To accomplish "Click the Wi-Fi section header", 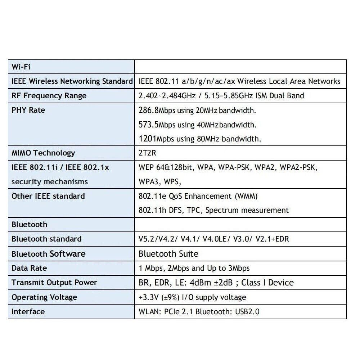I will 21,67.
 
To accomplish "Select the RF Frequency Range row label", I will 49,96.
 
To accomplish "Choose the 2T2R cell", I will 148,153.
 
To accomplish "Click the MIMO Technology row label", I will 43,153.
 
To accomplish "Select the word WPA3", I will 148,181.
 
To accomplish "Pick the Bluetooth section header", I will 30,225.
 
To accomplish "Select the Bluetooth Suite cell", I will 168,254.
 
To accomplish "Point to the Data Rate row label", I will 29,268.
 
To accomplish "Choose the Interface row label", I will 28,312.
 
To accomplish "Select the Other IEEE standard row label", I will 48,196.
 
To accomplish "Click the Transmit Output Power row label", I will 54,283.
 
